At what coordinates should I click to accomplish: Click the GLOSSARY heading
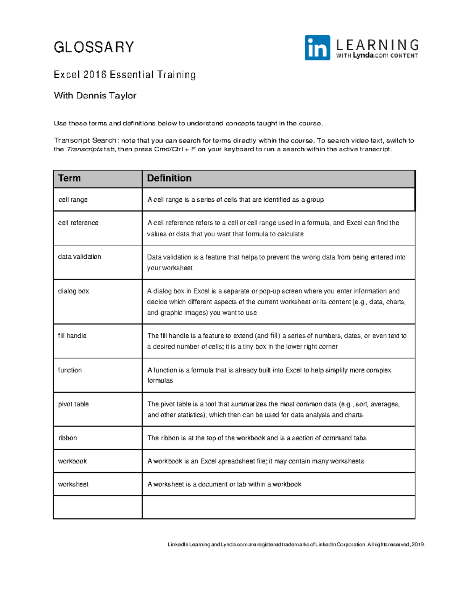tap(94, 47)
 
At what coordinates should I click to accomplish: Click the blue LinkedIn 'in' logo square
tap(317, 48)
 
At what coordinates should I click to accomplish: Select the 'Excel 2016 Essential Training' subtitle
tap(125, 75)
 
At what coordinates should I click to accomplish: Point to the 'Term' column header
tap(69, 178)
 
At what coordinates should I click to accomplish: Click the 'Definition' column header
tap(169, 178)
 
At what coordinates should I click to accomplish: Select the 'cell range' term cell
tap(73, 200)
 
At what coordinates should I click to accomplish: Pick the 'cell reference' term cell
tap(78, 223)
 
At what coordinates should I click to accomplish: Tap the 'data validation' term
tap(79, 257)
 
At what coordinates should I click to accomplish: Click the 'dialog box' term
tap(73, 291)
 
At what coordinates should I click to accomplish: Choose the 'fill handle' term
tap(72, 336)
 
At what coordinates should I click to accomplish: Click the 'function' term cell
tap(70, 370)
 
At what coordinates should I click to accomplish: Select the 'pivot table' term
tap(73, 404)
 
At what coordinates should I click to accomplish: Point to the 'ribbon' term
tap(68, 438)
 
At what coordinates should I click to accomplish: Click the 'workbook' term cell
tap(73, 461)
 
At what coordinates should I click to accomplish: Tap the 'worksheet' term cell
tap(73, 485)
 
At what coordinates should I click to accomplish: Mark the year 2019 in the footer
tap(418, 545)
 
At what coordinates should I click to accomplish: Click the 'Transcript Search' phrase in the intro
tap(85, 141)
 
